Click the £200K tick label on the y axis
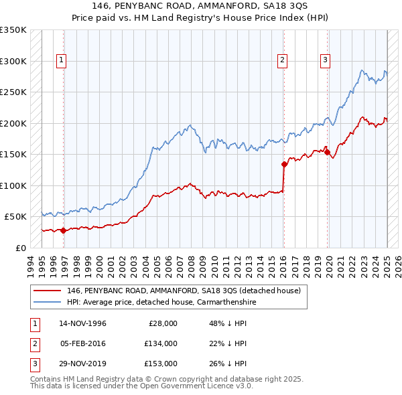tap(13, 124)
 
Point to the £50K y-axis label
tap(15, 217)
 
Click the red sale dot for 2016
tap(284, 164)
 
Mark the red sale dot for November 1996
tap(63, 230)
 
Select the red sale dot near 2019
tap(328, 153)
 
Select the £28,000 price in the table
tap(162, 323)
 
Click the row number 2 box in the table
tap(33, 343)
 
